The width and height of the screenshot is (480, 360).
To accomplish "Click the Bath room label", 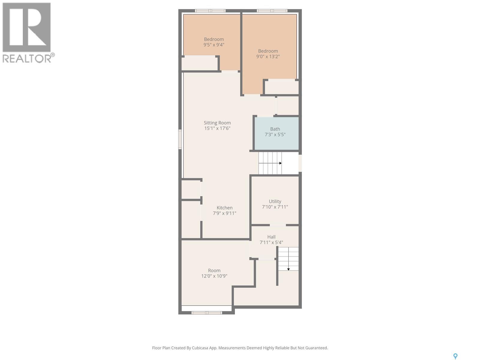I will point(275,129).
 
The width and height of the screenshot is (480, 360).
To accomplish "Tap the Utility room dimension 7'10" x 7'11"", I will point(275,207).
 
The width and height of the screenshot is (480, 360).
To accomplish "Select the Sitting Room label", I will point(217,123).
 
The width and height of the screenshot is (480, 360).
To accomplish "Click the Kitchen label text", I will point(224,208).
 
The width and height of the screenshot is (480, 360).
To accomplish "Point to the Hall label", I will point(271,237).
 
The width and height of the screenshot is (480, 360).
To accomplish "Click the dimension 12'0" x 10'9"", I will point(214,276).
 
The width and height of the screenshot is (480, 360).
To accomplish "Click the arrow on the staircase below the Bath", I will point(280,163).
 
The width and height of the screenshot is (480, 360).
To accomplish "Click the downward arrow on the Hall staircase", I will point(288,269).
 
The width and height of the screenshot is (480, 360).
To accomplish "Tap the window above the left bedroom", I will point(210,11).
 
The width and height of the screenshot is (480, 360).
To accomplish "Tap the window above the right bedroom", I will point(272,11).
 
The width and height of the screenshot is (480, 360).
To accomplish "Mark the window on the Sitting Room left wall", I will point(180,139).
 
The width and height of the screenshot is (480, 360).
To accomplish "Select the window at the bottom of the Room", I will point(207,313).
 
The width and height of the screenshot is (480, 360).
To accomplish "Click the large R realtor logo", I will point(26,28).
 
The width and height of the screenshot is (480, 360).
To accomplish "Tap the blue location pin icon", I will point(455,356).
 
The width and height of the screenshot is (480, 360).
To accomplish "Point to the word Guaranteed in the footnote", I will point(316,348).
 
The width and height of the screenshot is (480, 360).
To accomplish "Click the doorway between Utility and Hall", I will point(277,225).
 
